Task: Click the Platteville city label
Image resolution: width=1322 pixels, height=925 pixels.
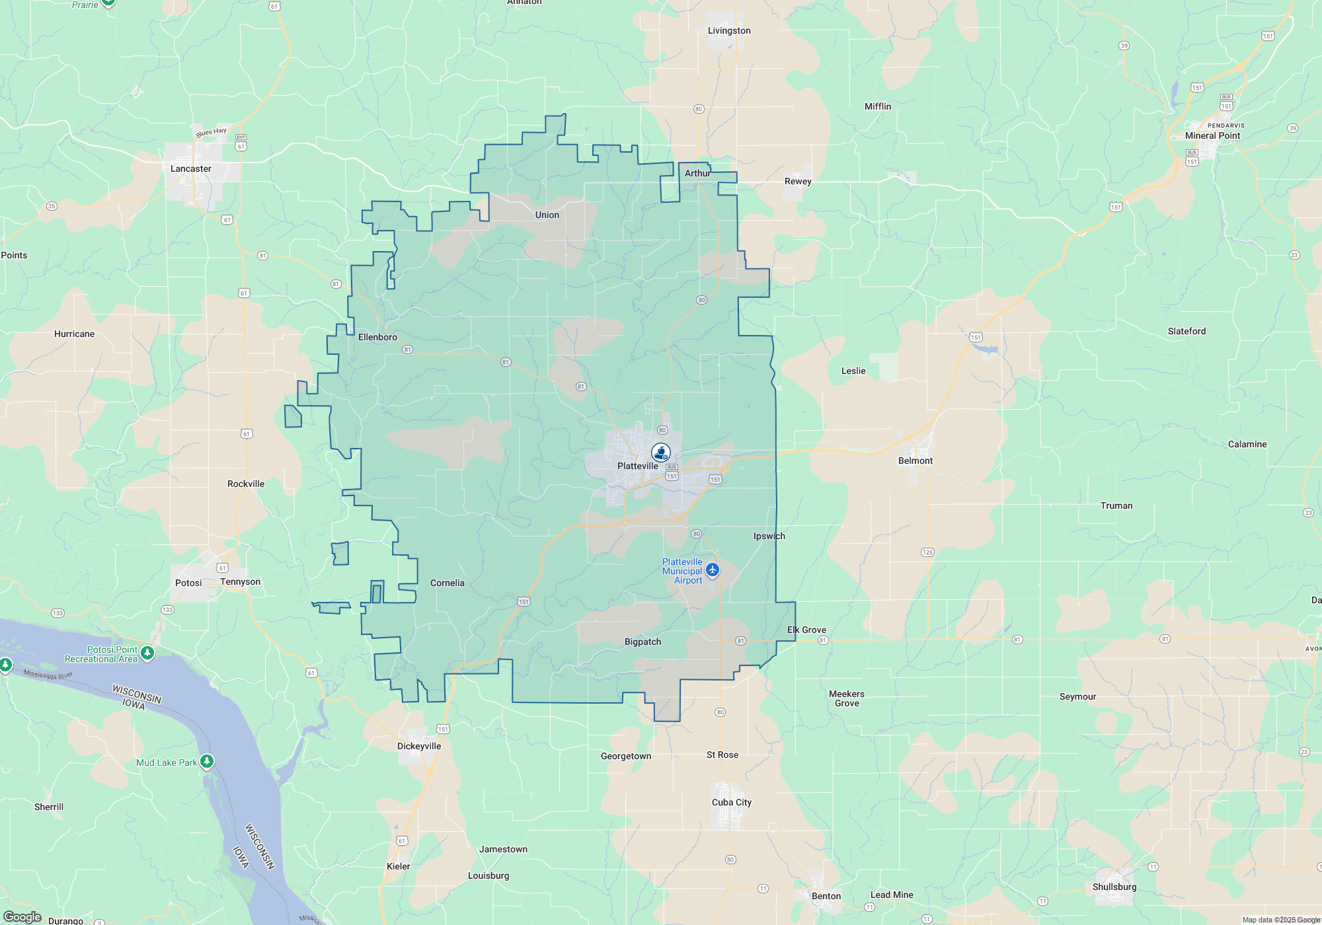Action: tap(637, 466)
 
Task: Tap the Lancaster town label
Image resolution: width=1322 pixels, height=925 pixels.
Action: tap(191, 168)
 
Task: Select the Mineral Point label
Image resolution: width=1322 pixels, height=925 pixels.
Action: tap(1212, 135)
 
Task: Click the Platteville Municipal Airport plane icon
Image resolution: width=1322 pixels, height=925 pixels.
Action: tap(712, 570)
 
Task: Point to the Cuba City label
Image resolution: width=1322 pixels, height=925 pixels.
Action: tap(731, 802)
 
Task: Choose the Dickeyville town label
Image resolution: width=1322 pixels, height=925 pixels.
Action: tap(419, 746)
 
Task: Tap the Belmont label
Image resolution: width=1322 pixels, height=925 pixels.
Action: tap(915, 461)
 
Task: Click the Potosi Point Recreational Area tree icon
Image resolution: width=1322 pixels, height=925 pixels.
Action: tap(147, 653)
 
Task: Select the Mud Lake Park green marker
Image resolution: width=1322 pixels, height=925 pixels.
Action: tap(207, 762)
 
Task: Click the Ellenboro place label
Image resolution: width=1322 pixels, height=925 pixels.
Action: tap(377, 337)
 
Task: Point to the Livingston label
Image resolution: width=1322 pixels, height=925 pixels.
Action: tap(729, 30)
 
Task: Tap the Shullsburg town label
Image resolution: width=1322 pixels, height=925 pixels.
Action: tap(1114, 887)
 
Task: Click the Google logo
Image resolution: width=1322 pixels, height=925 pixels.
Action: tap(22, 917)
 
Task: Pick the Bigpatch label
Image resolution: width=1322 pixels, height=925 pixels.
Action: tap(642, 642)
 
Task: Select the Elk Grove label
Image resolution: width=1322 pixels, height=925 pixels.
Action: tap(806, 630)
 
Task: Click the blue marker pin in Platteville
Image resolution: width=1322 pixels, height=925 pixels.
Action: tap(661, 453)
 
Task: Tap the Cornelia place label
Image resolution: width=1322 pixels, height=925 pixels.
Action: tap(447, 583)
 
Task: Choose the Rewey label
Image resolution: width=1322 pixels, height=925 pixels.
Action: tap(798, 181)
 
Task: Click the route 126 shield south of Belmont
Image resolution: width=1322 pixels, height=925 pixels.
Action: tap(927, 552)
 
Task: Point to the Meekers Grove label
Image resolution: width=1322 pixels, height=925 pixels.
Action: tap(847, 698)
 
